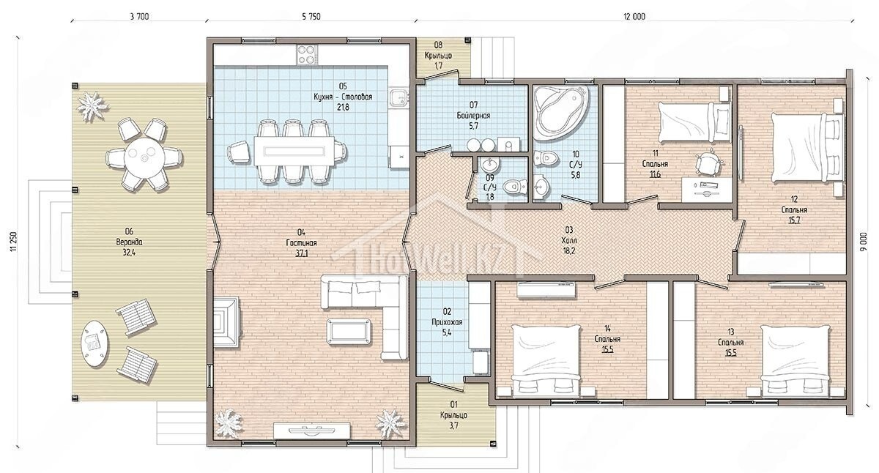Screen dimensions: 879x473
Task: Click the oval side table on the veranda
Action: click(94, 344)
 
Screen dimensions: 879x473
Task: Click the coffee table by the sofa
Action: click(349, 332)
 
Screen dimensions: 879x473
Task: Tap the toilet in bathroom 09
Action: click(514, 188)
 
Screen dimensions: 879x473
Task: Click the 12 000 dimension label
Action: click(634, 16)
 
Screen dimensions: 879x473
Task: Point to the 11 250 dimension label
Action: click(15, 241)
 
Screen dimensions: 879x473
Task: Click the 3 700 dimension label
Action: click(139, 16)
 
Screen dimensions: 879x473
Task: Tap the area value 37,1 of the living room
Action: click(301, 254)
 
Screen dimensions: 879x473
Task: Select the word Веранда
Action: click(129, 242)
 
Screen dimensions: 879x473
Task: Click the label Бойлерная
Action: click(473, 116)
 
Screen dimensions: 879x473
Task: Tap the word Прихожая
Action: click(447, 322)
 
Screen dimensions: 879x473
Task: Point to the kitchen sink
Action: click(399, 97)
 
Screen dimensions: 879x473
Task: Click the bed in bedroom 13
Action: click(795, 360)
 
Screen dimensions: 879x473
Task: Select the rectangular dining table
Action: click(294, 151)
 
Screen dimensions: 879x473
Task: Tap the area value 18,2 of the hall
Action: click(568, 250)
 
